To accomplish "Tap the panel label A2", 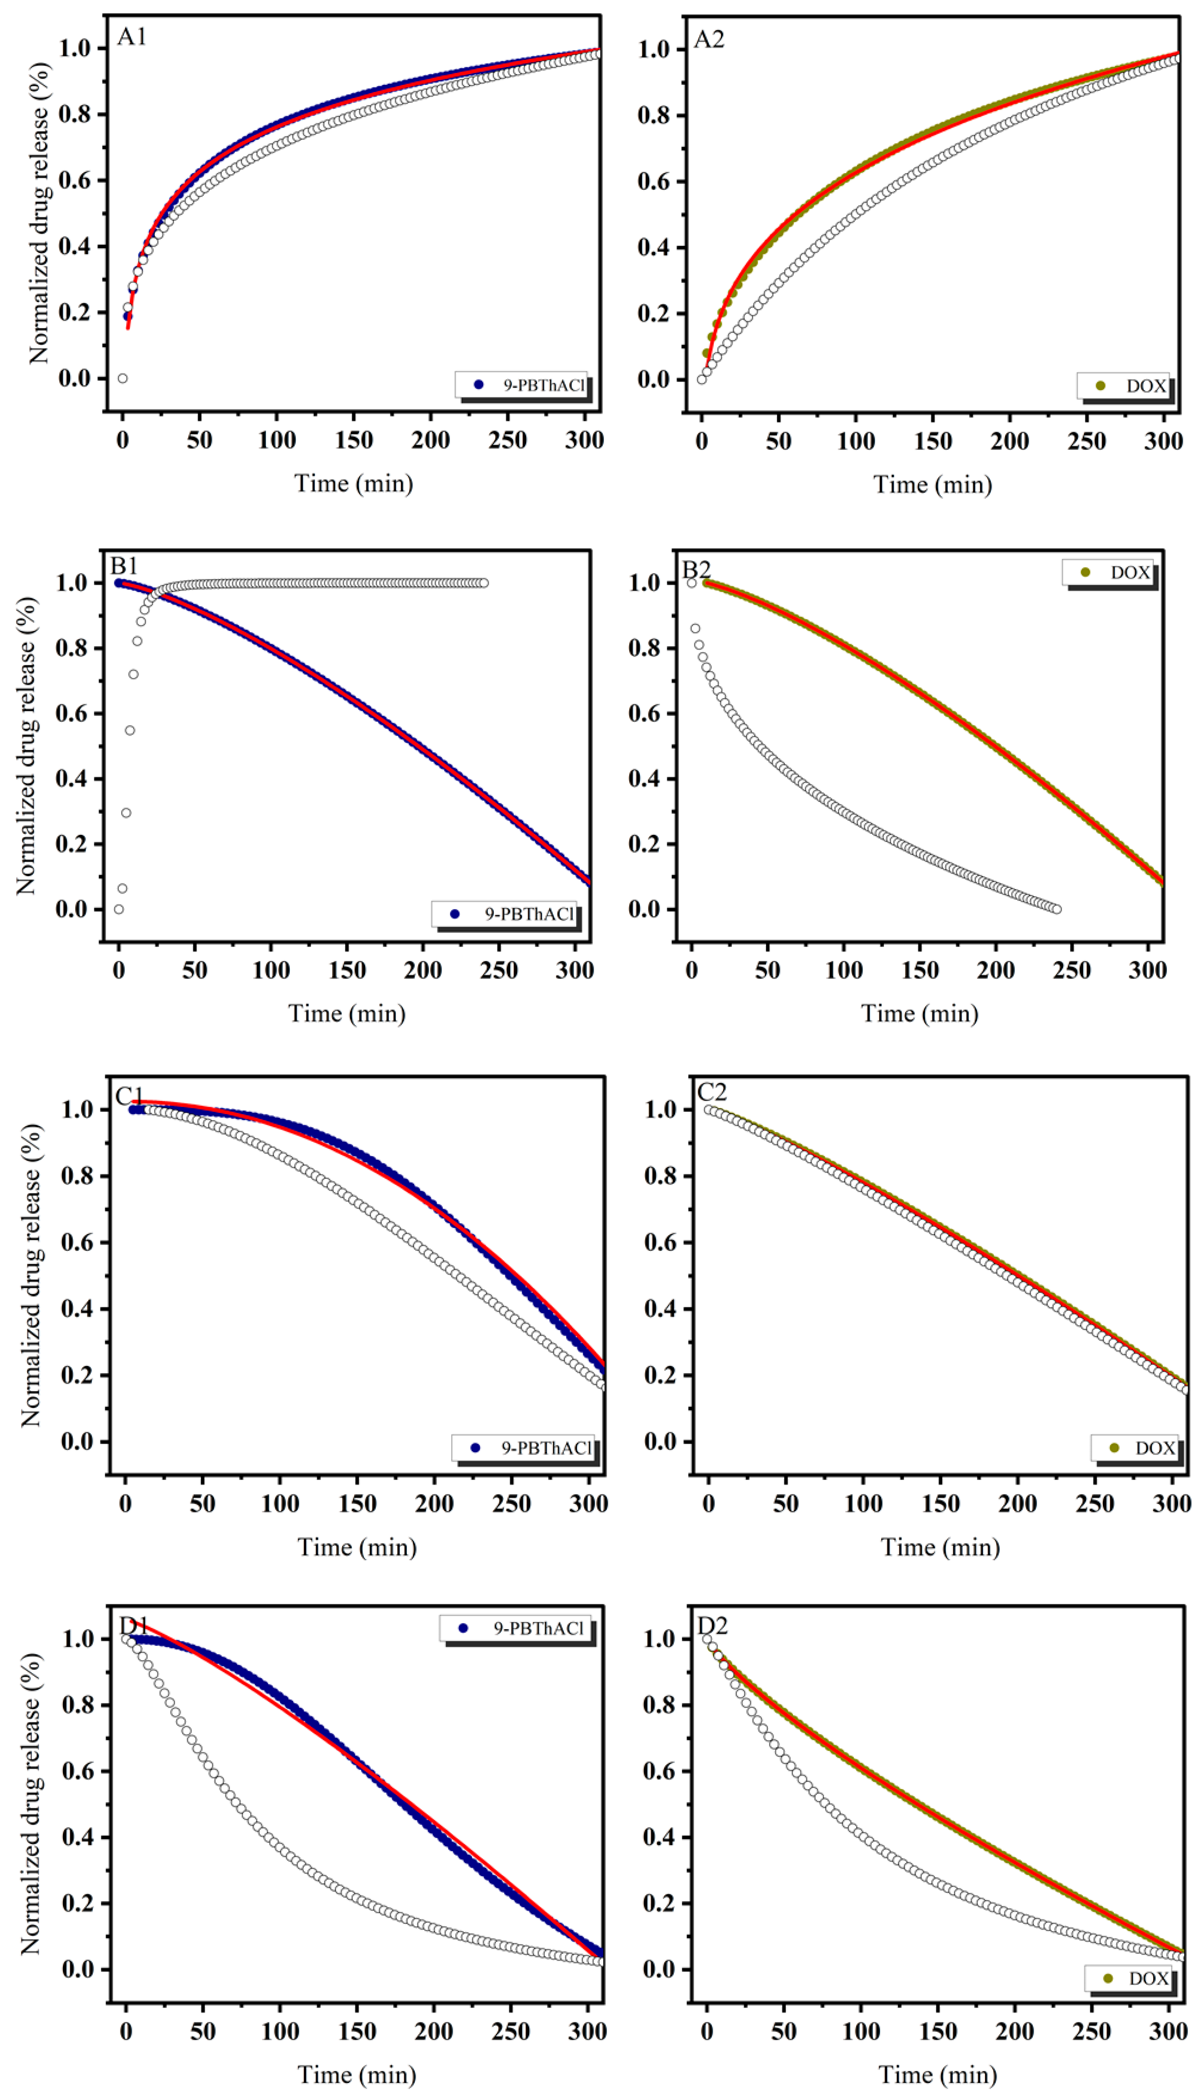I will [709, 39].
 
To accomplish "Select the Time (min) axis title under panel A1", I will [354, 483].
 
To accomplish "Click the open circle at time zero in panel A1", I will [122, 378].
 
